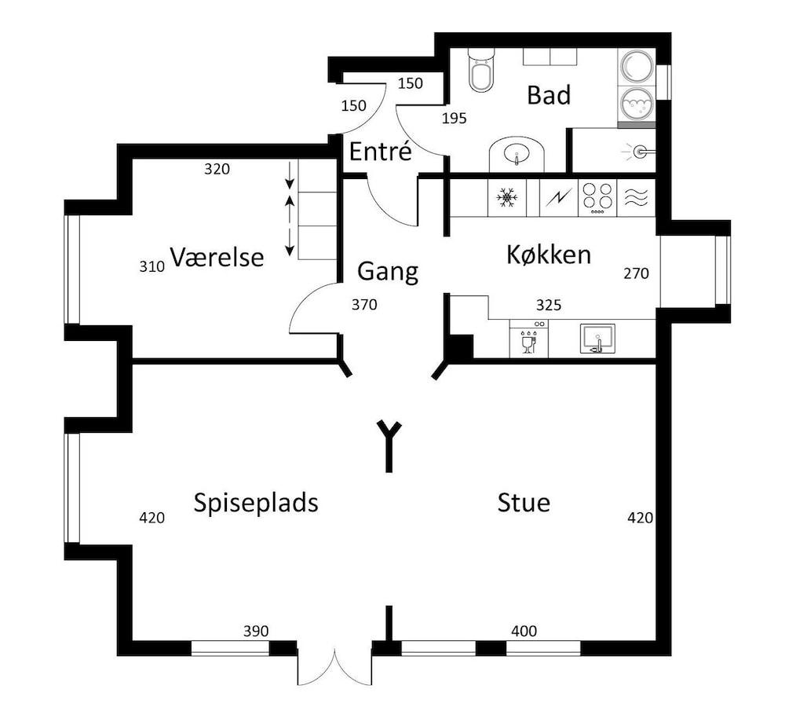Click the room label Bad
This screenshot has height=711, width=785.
(549, 96)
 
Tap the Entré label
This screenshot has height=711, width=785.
(380, 152)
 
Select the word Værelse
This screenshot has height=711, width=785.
(217, 258)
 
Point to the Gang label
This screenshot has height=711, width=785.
(388, 272)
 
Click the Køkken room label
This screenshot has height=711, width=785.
(549, 255)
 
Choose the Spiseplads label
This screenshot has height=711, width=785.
(256, 503)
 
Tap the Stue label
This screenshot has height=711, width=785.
(524, 503)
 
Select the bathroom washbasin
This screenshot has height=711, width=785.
(517, 154)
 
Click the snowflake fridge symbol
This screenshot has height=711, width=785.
(507, 198)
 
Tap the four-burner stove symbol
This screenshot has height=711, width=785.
(597, 198)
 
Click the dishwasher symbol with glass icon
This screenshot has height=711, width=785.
(528, 339)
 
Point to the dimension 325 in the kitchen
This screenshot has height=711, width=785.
(548, 305)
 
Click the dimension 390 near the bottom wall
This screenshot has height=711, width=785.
(256, 631)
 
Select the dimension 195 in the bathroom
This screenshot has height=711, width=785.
(455, 119)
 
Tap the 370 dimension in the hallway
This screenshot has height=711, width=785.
(365, 305)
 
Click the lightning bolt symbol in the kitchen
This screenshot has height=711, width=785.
(559, 198)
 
